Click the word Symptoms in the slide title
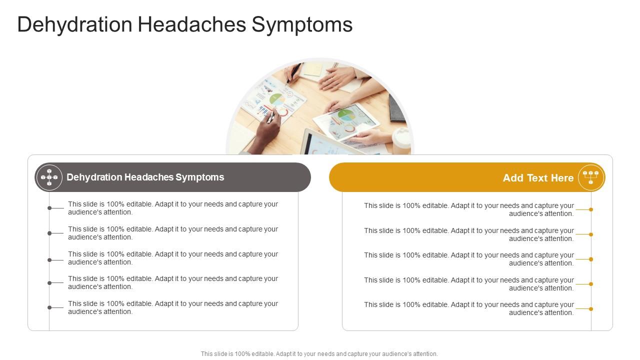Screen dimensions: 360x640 tap(302, 24)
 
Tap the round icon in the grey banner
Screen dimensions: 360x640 tap(49, 177)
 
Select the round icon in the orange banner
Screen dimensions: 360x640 tap(591, 177)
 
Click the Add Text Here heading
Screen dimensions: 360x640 tap(538, 178)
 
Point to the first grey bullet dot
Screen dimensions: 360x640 tap(49, 208)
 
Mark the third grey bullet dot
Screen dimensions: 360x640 tap(49, 260)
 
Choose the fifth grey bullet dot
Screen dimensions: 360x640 tap(49, 307)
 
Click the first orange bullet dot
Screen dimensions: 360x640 tap(591, 209)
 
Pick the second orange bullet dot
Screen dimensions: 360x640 tap(591, 234)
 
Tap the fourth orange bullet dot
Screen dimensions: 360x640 tap(591, 284)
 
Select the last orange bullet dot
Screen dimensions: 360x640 tap(591, 309)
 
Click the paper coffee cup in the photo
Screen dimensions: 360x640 tap(401, 141)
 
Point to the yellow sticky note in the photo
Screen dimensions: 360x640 tap(313, 69)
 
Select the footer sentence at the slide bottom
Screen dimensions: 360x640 tap(319, 354)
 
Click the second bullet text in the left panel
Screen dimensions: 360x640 tap(173, 233)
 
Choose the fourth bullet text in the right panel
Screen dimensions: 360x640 tap(469, 284)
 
